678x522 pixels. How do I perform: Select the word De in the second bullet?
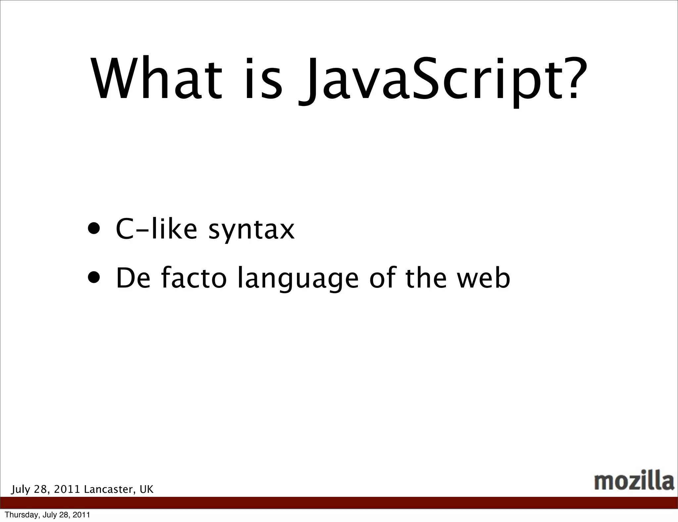click(x=132, y=278)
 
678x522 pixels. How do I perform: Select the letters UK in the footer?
click(x=147, y=490)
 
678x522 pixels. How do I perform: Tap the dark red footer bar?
click(x=339, y=503)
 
